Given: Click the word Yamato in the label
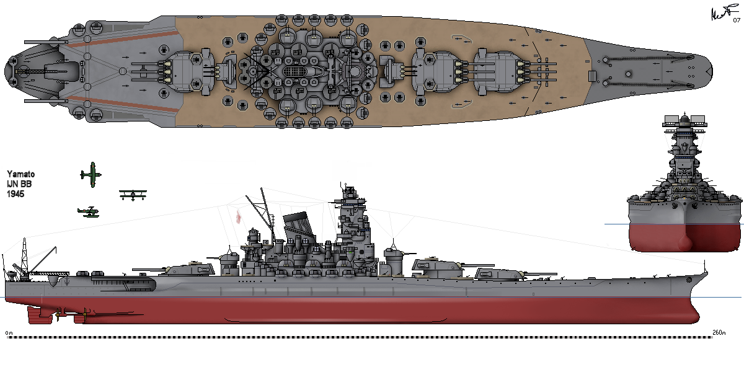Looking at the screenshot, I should coord(21,174).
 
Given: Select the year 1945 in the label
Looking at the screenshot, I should coord(15,194).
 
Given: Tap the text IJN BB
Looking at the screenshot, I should coord(20,184).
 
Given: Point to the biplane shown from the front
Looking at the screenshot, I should coord(133,195).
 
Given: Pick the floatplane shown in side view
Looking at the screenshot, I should coord(88,212).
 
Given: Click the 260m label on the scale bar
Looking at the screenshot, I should coord(720,332).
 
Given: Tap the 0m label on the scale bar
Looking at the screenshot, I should coord(8,332).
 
